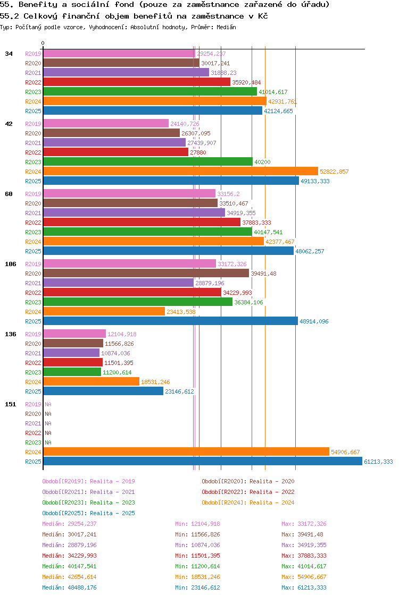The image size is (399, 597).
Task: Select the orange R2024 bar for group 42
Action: tap(180, 171)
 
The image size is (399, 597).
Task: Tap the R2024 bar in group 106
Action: tap(104, 311)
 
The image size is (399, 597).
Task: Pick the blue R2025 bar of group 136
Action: tap(103, 391)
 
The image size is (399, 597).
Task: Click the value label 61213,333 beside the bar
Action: tap(378, 462)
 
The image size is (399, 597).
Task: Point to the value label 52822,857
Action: tap(334, 172)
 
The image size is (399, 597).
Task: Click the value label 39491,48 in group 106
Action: tap(263, 274)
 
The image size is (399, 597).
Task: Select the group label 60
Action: tap(9, 194)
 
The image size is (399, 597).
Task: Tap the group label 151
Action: tap(10, 404)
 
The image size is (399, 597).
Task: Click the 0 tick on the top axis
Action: tap(43, 43)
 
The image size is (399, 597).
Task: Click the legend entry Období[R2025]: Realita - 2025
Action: tap(88, 513)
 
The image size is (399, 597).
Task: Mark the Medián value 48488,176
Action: tap(69, 587)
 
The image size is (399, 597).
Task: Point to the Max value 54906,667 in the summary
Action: tap(304, 577)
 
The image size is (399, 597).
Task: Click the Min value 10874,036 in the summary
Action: tap(197, 545)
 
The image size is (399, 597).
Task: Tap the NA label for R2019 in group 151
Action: tap(48, 404)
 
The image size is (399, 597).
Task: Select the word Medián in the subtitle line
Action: tap(227, 27)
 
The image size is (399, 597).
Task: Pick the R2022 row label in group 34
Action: tap(33, 82)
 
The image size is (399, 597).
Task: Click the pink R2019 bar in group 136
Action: tap(74, 334)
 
